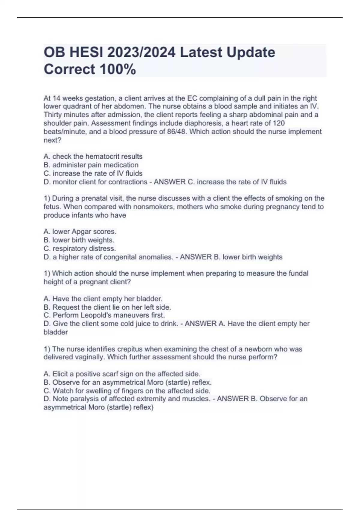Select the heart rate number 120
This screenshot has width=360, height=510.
(279, 123)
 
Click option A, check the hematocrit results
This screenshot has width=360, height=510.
(93, 157)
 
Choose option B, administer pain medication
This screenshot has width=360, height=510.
(91, 165)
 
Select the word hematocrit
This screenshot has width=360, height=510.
(105, 157)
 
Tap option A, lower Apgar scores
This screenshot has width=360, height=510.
(80, 232)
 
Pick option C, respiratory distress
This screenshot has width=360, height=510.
(79, 249)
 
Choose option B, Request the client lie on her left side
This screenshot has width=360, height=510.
(107, 307)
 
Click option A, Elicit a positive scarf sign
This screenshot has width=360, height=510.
(122, 374)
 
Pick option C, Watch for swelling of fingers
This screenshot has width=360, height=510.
(127, 391)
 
